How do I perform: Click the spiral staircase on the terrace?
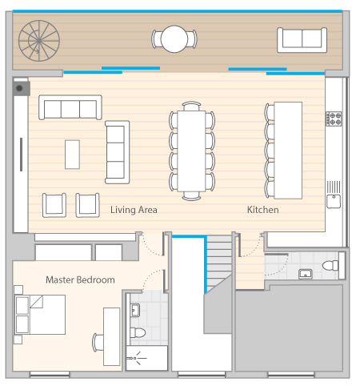coord(39,41)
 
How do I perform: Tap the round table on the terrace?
coord(174,39)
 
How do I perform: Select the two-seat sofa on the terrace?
coord(302,40)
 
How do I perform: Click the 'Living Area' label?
coord(134,210)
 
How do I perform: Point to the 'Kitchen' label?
coord(263,210)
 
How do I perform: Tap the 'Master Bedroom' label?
coord(80,279)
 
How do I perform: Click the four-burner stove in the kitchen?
coord(334,119)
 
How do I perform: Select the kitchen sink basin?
coord(334,201)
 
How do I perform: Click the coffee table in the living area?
coord(72,155)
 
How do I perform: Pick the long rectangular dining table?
coord(191,151)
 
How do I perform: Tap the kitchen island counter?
coord(288,151)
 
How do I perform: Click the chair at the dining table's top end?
coord(191,106)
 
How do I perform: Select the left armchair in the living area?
coord(54,205)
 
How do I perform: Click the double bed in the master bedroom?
coord(40,315)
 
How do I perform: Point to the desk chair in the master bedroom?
coord(98,343)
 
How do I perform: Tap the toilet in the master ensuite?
coord(138,332)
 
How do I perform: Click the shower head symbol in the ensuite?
coord(136,358)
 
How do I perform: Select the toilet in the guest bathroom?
coord(330,266)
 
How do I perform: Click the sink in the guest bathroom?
coord(306,274)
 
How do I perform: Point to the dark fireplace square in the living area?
coord(22,89)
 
